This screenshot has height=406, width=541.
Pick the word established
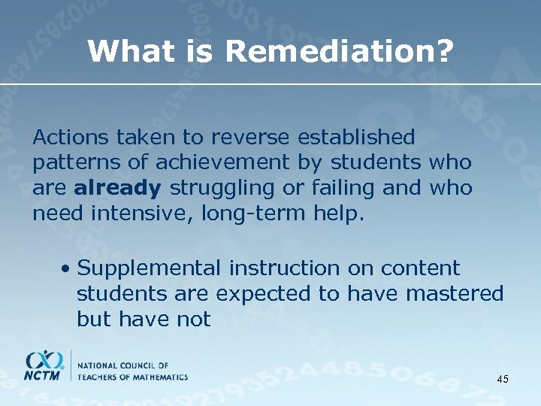click(356, 137)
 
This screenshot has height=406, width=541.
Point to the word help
click(339, 214)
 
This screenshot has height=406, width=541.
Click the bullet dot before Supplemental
click(67, 268)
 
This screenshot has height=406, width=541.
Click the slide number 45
click(503, 379)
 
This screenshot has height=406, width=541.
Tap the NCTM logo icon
click(45, 365)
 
